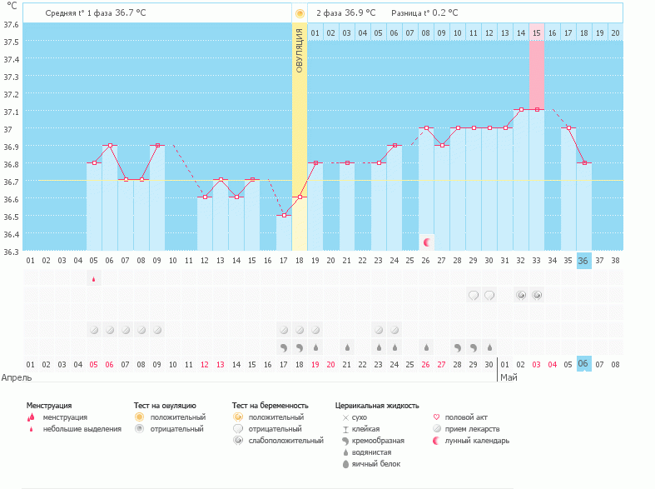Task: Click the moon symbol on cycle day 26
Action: (426, 242)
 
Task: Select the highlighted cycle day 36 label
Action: (583, 261)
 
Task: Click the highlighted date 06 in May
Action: (583, 364)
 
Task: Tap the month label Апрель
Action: (17, 377)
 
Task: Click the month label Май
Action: (507, 377)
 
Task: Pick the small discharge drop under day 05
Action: (93, 279)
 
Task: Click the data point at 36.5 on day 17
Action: (284, 215)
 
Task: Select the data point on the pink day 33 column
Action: (537, 109)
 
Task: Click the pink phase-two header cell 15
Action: (537, 32)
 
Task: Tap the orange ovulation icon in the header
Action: (300, 13)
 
